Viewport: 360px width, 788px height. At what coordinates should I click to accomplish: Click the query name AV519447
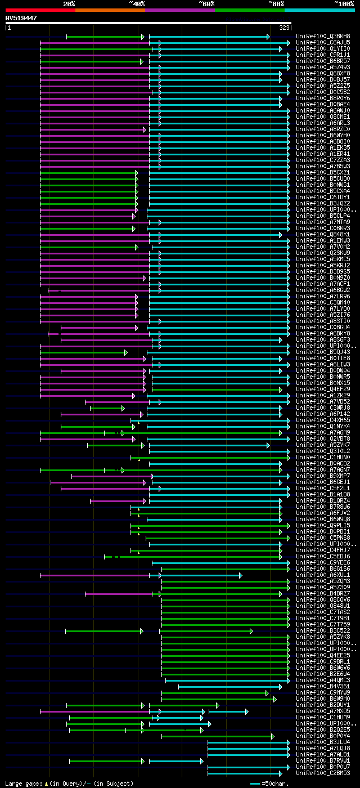(x=21, y=18)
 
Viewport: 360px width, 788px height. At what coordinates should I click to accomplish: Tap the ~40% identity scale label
(x=137, y=4)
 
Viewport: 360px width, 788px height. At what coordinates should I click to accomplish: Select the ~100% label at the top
(x=344, y=4)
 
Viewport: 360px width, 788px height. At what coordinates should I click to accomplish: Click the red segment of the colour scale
(x=40, y=10)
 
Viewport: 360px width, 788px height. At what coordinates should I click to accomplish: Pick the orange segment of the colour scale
(x=110, y=10)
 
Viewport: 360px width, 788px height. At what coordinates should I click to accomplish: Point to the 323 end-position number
(x=283, y=27)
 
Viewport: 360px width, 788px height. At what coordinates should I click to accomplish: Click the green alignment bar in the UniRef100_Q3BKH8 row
(x=105, y=37)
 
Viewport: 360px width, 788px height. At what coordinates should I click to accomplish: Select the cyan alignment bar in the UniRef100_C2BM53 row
(x=247, y=773)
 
